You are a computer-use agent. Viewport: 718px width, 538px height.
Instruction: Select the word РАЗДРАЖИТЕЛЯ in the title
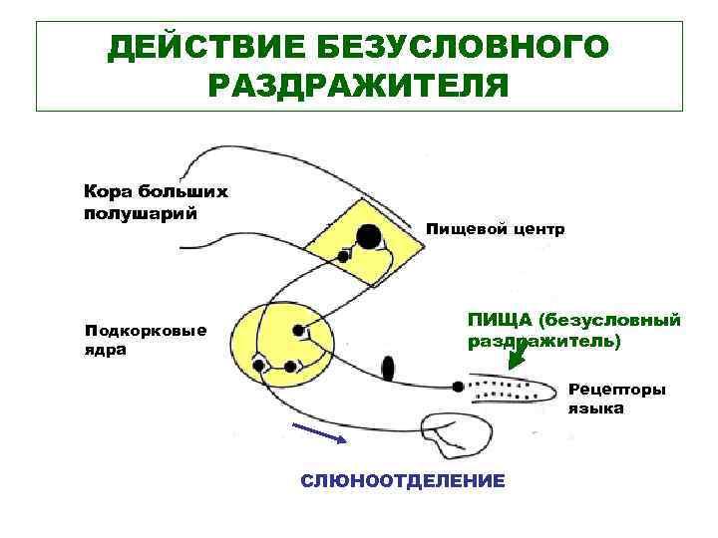pos(359,85)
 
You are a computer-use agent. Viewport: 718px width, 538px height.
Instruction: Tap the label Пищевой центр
pos(496,229)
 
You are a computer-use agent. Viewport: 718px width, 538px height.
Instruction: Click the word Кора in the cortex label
pos(104,190)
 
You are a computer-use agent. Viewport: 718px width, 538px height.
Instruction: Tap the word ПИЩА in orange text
pos(499,320)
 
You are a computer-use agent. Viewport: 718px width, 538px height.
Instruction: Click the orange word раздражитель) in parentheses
pos(543,341)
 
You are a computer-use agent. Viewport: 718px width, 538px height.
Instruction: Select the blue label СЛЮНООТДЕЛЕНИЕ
pos(403,481)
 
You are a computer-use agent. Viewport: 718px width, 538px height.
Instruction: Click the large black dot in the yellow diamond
pos(369,237)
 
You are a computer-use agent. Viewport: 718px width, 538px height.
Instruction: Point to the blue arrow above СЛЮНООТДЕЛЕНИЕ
pos(318,432)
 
